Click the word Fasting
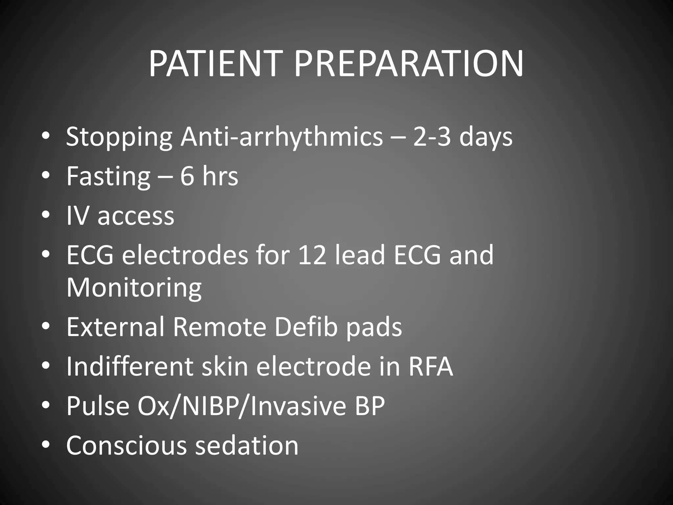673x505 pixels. click(108, 177)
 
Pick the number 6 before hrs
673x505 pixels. click(187, 176)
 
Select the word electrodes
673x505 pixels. click(185, 255)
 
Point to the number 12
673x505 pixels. click(312, 255)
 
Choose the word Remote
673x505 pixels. click(219, 327)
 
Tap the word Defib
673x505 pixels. click(306, 327)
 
